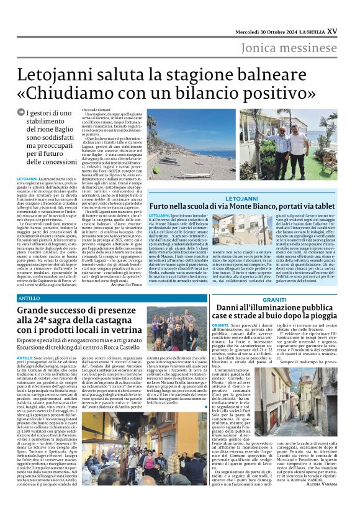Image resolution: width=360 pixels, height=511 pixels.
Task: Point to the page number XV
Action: click(x=349, y=32)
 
